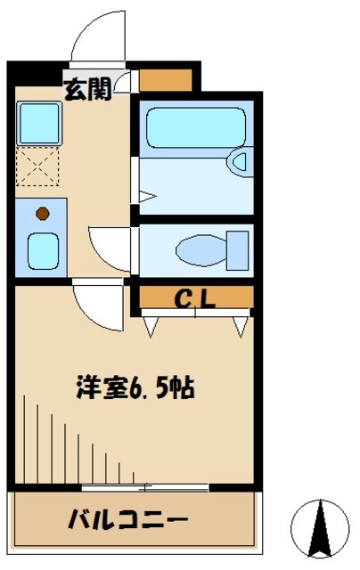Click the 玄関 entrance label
click(x=86, y=89)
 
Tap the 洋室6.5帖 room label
click(x=135, y=389)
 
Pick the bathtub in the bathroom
click(x=193, y=128)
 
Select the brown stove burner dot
click(x=40, y=213)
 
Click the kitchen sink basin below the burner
click(x=41, y=249)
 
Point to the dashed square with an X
click(x=37, y=167)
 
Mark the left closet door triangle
click(x=150, y=326)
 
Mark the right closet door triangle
click(x=239, y=326)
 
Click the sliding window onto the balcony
click(x=144, y=487)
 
